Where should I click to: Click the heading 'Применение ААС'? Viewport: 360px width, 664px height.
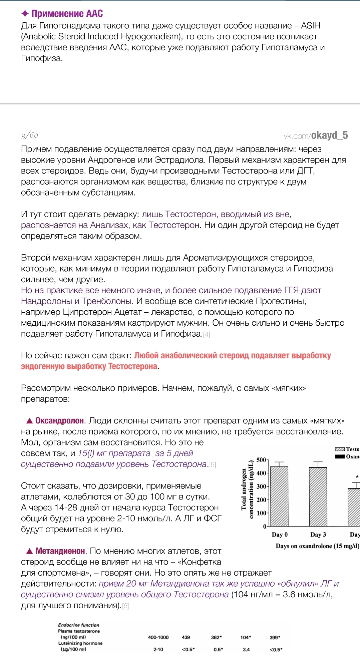(67, 14)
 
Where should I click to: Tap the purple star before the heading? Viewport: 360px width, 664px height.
(25, 14)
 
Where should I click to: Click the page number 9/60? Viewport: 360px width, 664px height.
(30, 135)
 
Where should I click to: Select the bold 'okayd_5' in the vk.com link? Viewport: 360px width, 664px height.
(329, 135)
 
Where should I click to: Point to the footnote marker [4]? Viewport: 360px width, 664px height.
(207, 334)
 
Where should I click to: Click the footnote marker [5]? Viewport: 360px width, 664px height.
(213, 465)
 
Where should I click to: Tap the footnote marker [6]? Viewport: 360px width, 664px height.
(125, 606)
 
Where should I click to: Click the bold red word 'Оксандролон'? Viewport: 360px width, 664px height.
(59, 421)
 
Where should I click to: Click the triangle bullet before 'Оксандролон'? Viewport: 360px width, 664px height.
(29, 421)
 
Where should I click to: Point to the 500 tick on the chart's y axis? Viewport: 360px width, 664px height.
(261, 460)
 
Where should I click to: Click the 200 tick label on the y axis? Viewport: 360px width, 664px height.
(261, 500)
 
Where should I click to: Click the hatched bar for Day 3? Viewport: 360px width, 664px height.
(318, 497)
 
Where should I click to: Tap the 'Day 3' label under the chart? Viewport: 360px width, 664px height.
(318, 535)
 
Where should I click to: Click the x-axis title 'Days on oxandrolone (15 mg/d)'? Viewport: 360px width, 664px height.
(317, 546)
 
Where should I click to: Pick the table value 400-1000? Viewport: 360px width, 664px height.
(158, 637)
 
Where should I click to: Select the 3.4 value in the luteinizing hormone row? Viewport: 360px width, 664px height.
(246, 649)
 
